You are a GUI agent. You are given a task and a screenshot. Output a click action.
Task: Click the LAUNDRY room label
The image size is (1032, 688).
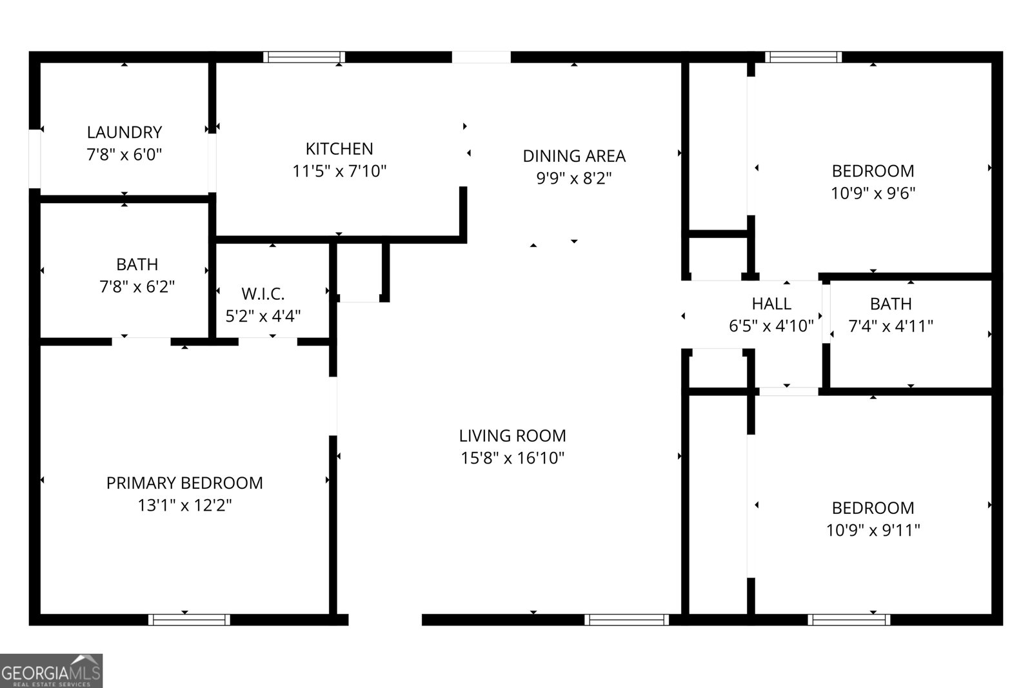[124, 132]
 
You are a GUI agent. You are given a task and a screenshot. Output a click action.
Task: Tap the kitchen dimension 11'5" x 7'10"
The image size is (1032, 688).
[339, 171]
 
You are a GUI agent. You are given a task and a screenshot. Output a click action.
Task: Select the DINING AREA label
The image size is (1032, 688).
[573, 156]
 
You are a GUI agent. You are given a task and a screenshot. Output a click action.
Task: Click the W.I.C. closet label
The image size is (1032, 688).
[263, 294]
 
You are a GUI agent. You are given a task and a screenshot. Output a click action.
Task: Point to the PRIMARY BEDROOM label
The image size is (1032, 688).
[184, 483]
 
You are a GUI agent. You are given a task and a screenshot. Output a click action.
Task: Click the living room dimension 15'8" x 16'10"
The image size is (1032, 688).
[513, 458]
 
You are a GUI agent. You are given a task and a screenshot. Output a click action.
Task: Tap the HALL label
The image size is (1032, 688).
[771, 303]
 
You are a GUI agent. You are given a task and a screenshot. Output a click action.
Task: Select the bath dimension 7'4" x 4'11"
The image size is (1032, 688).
[891, 326]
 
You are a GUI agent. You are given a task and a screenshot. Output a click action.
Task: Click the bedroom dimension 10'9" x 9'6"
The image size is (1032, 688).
[873, 193]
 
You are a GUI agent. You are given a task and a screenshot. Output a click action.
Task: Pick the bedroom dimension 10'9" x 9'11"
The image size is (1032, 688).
[873, 530]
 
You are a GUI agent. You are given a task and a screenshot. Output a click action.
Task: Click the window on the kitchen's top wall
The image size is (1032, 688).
[304, 57]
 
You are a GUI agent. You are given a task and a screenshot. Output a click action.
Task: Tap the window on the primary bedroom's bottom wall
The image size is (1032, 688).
[189, 620]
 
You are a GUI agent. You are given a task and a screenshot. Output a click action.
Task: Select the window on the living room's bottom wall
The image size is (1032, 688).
[626, 620]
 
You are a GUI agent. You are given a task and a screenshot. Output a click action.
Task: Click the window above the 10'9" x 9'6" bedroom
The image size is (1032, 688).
[803, 57]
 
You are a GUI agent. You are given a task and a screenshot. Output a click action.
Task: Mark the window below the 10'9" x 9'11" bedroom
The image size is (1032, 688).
[849, 620]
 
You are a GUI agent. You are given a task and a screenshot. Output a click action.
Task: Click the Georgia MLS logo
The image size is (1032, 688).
[51, 671]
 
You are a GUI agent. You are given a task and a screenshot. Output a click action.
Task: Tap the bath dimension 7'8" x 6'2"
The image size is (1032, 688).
[137, 287]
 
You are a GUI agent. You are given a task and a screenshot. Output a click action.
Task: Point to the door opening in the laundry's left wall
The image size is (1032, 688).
[35, 159]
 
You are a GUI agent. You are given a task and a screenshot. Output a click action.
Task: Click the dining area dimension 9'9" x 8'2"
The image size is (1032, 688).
[573, 178]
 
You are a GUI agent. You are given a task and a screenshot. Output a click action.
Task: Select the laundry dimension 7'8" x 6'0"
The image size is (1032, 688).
[124, 155]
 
